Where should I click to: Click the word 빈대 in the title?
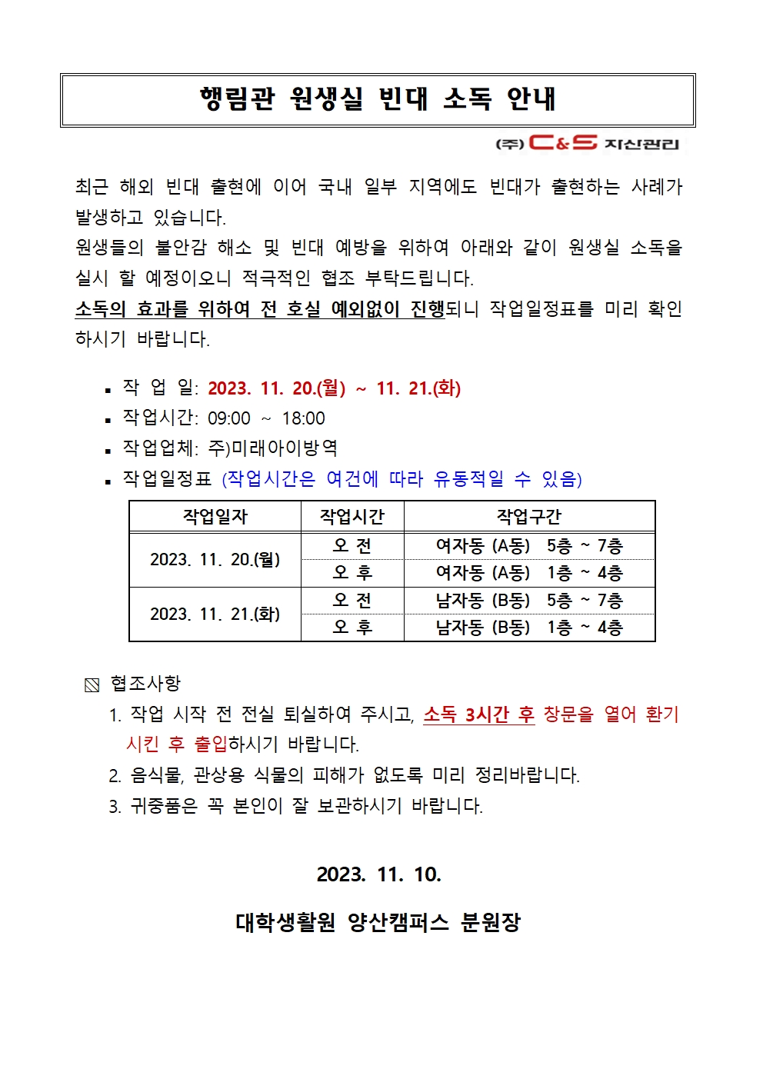coord(402,99)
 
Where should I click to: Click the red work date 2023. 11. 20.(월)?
coord(276,388)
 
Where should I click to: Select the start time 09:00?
coord(229,419)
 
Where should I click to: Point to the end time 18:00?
coord(303,419)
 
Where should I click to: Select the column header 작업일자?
coord(215,517)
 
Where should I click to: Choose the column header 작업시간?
coord(352,517)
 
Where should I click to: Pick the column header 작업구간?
coord(529,517)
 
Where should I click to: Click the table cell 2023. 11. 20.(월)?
coord(215,560)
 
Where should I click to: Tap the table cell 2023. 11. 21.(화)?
coord(215,614)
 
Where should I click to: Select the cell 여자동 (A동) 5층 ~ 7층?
coord(529,546)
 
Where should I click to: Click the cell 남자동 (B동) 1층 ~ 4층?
coord(529,628)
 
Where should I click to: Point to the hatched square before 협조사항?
coord(92,684)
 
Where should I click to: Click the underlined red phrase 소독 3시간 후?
coord(478,715)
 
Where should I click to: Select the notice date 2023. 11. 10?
coord(378,874)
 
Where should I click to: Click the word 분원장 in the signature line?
coord(491,922)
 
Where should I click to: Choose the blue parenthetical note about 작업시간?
coord(401,479)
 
